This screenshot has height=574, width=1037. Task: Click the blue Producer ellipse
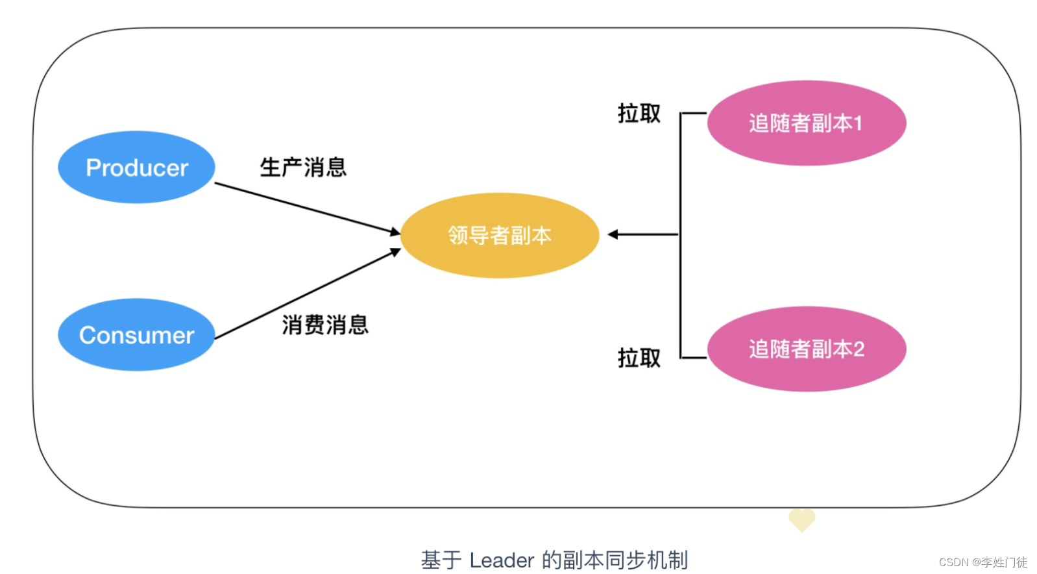[x=136, y=168]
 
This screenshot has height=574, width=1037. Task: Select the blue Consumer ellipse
[x=136, y=335]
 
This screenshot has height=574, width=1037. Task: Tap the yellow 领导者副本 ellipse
[x=499, y=235]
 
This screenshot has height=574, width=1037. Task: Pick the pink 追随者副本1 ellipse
[x=806, y=123]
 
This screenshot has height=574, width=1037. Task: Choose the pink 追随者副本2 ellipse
[x=806, y=349]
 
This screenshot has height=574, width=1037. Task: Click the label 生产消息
[x=303, y=168]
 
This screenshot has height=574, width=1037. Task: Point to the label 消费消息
[x=325, y=325]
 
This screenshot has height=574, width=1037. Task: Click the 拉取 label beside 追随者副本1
[x=639, y=114]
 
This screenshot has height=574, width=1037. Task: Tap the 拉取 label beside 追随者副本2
[x=639, y=358]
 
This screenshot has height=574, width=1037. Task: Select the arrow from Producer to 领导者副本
[x=305, y=207]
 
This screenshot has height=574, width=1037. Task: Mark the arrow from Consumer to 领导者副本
[x=305, y=294]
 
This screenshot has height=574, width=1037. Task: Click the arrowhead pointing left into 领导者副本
[x=612, y=234]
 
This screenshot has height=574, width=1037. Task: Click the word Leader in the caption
[x=501, y=560]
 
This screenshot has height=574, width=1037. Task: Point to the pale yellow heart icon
[x=801, y=519]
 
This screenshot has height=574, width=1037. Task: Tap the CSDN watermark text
[x=982, y=562]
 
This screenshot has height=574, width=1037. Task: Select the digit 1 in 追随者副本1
[x=858, y=123]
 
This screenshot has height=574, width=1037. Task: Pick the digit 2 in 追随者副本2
[x=859, y=349]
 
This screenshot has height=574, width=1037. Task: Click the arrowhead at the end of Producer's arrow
[x=395, y=231]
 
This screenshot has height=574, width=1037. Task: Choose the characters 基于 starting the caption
[x=441, y=560]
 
